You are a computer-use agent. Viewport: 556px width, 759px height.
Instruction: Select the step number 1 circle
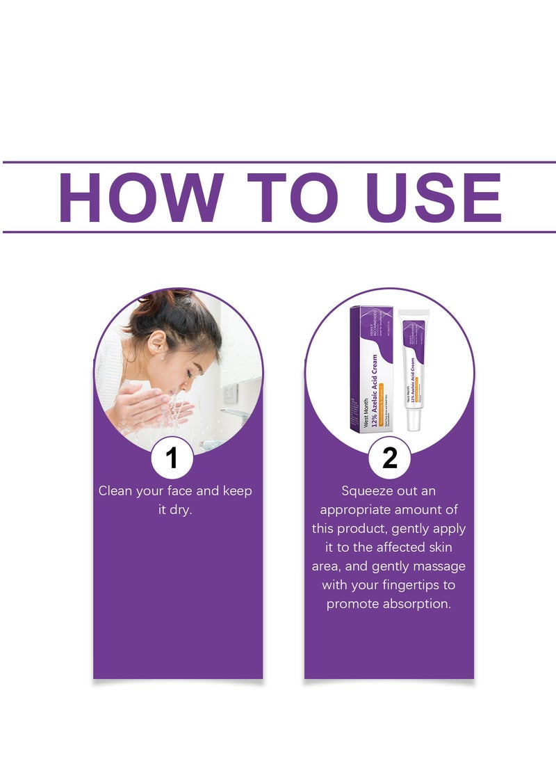click(x=172, y=458)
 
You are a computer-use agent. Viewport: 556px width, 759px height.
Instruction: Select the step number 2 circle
click(x=389, y=458)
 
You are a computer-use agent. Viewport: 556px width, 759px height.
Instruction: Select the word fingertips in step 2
click(x=426, y=584)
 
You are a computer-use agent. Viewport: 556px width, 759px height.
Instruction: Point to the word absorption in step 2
click(x=417, y=603)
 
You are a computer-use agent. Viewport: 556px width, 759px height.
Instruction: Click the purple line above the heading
click(x=278, y=162)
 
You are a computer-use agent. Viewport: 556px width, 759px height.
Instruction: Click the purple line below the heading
click(x=278, y=232)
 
